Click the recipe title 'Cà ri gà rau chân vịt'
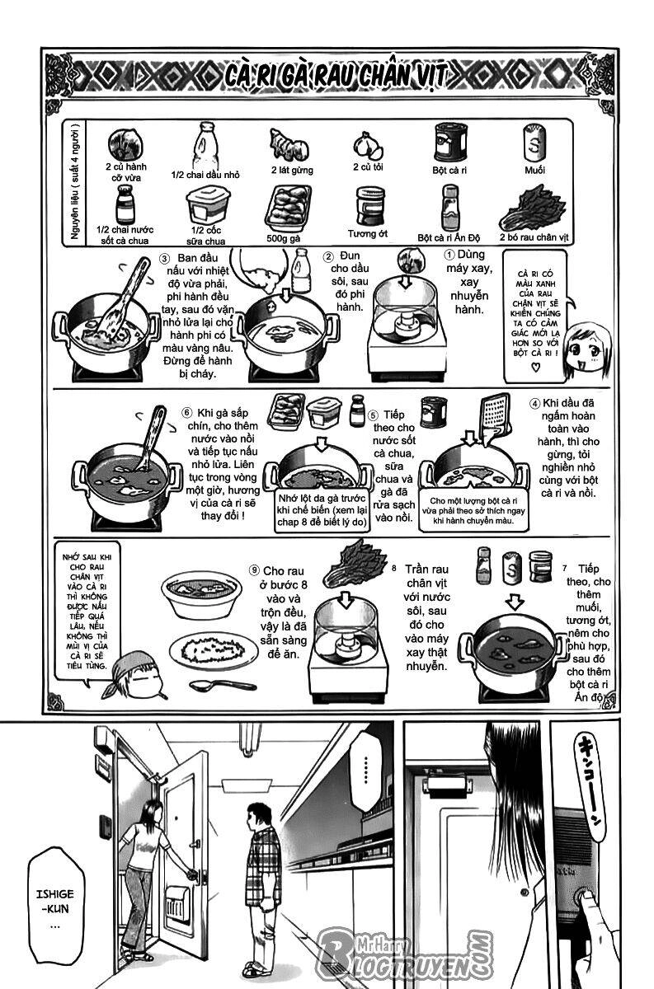[335, 77]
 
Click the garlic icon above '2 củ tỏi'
[368, 146]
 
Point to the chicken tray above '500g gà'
[288, 207]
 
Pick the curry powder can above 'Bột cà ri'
[452, 143]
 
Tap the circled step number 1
[450, 255]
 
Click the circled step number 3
[163, 260]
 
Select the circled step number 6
[186, 412]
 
